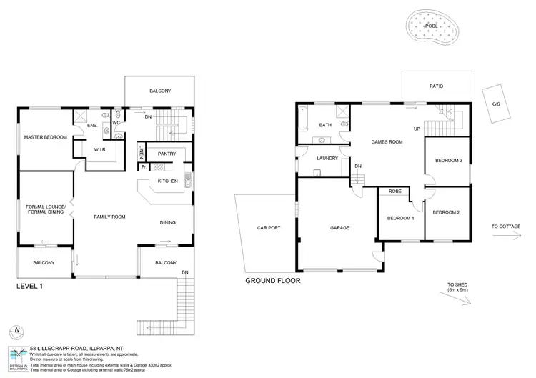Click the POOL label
pos(432,26)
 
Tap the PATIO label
pos(436,86)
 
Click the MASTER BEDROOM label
pos(45,136)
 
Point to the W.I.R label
pos(100,150)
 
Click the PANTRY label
pos(167,154)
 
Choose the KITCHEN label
pos(167,181)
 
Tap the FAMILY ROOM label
pos(110,217)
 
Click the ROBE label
pos(394,192)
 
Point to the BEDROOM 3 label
pos(449,161)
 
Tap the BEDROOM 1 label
pos(400,218)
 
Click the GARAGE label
pos(339,228)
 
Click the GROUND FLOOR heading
pos(273,282)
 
